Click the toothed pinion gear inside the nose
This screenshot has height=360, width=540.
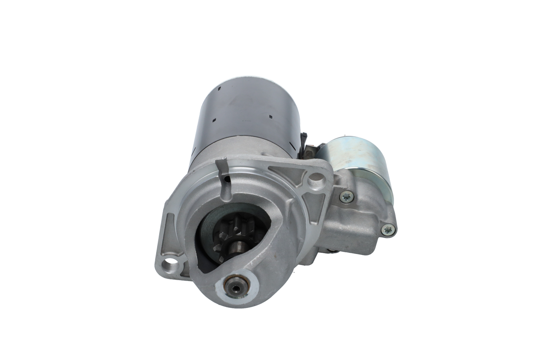pyautogui.click(x=232, y=238)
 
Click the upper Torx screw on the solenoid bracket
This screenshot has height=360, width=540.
pyautogui.click(x=346, y=196)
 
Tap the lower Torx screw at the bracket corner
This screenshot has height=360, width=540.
pyautogui.click(x=388, y=230)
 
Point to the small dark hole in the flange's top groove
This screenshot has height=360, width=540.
pyautogui.click(x=228, y=179)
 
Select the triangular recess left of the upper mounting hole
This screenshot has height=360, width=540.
pyautogui.click(x=287, y=173)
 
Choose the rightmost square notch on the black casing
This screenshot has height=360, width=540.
pyautogui.click(x=270, y=116)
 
